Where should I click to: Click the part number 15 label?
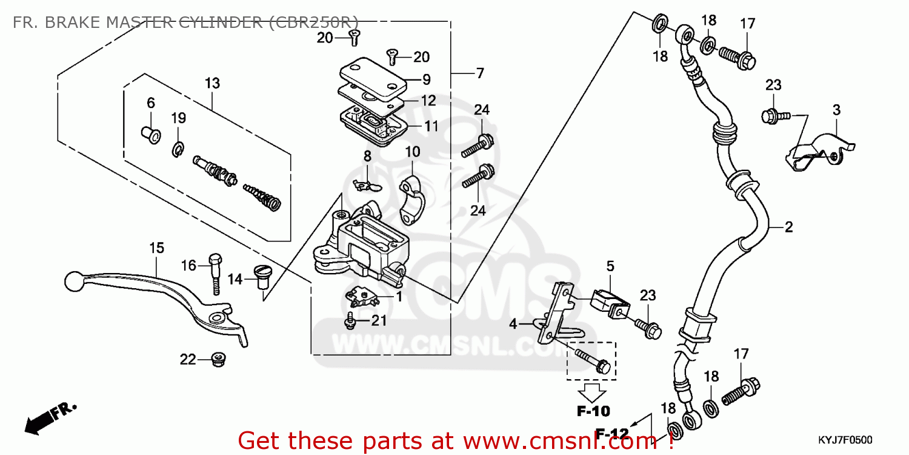tap(157, 248)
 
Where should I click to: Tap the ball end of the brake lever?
tap(72, 281)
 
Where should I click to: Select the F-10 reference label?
tap(593, 411)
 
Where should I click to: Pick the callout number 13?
tap(212, 83)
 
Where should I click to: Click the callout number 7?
tap(480, 73)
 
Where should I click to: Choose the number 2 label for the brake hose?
tap(788, 227)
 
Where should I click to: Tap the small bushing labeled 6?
tap(150, 133)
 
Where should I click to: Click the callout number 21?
tap(378, 321)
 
